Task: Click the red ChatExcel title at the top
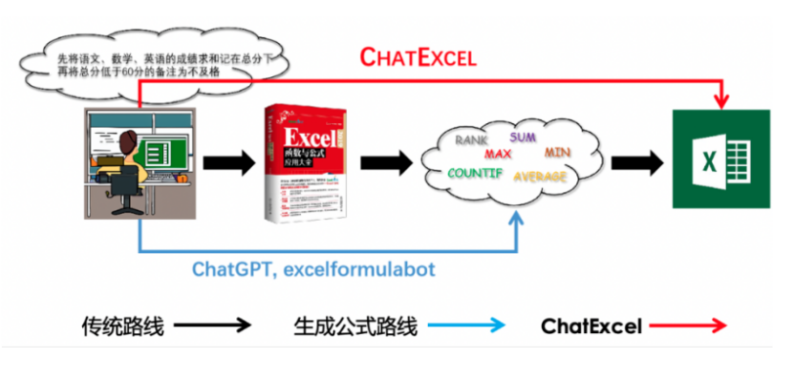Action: tap(418, 56)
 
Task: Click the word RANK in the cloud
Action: tap(471, 140)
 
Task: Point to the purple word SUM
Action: tap(523, 137)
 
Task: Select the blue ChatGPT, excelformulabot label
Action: tap(313, 268)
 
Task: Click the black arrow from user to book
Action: tap(229, 162)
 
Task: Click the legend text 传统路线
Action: tap(122, 327)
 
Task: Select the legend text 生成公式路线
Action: tap(355, 327)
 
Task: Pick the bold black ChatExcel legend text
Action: tap(591, 327)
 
